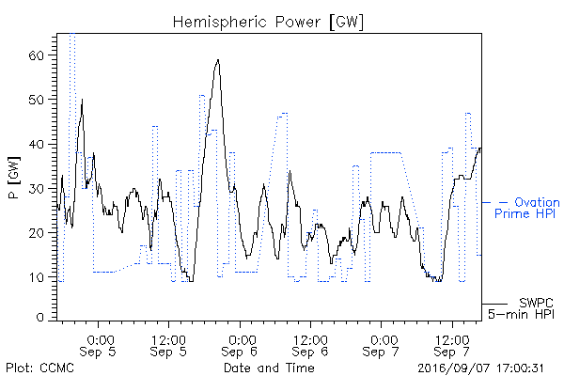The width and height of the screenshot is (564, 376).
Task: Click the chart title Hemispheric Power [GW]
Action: coord(268,22)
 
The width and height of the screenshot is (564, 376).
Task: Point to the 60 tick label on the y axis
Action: coord(36,55)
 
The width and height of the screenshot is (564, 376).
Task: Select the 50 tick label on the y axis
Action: coord(36,100)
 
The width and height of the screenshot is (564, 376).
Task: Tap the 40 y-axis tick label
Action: coord(36,144)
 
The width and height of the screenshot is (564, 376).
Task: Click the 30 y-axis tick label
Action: coord(36,189)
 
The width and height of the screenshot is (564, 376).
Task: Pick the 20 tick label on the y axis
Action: coord(36,233)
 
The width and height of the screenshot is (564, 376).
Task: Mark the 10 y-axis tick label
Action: coord(36,277)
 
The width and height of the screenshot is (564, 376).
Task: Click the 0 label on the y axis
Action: coord(39,318)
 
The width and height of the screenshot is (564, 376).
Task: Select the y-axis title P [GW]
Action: coord(14,178)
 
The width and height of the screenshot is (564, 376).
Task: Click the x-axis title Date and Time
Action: coord(269,368)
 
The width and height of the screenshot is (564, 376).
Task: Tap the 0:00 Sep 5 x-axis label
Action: coord(98,345)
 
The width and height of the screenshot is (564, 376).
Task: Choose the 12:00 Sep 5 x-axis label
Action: coord(168,345)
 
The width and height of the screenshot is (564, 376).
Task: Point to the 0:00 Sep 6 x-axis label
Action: coord(240,345)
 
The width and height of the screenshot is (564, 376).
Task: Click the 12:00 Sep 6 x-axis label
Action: coord(310,345)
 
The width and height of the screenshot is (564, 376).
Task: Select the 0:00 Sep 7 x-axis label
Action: coord(381,345)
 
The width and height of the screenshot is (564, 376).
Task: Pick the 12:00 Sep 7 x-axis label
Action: coord(452,345)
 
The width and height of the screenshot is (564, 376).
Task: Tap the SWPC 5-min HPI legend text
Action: coord(521,308)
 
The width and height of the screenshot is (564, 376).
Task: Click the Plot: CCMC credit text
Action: coord(39,368)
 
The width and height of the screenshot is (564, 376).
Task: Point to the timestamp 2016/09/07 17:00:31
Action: coord(480,368)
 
